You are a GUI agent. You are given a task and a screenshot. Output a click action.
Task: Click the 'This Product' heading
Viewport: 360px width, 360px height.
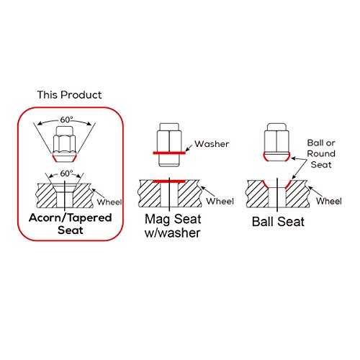[69, 95]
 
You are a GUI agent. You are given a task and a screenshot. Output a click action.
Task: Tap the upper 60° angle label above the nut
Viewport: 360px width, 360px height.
[66, 120]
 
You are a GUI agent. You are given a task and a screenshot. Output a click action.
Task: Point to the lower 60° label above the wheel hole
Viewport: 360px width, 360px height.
[66, 174]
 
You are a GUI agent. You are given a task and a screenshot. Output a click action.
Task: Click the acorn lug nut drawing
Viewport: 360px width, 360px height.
[64, 144]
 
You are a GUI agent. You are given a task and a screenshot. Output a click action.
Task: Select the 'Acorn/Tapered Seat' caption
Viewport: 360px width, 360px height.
[71, 224]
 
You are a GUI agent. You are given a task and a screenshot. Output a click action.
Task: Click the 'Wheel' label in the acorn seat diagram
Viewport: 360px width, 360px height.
[109, 202]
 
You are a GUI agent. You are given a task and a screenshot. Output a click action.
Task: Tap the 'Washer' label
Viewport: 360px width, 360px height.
[212, 144]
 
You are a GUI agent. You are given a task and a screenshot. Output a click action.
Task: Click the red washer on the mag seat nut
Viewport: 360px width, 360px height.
[169, 153]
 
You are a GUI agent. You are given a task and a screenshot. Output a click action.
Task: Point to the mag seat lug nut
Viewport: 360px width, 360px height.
[169, 145]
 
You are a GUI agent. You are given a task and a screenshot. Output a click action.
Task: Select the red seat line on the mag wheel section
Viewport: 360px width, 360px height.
[169, 181]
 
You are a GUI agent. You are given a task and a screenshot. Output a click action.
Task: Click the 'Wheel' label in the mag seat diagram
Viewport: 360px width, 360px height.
[220, 201]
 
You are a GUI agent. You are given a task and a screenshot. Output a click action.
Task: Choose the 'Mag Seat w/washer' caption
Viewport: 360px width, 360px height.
[173, 226]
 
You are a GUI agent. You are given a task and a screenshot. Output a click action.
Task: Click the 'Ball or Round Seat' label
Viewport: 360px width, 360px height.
[321, 153]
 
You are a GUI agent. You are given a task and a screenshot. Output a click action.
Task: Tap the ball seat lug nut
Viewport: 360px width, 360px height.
[276, 142]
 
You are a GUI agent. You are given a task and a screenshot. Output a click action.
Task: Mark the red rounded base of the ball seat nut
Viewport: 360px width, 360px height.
[276, 157]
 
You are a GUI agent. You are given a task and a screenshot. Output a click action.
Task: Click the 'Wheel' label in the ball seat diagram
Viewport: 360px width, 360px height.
[329, 201]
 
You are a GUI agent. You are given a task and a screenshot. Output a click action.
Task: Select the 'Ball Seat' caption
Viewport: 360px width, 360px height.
[278, 222]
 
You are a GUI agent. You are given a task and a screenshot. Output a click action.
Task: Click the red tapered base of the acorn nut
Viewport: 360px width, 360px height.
[64, 158]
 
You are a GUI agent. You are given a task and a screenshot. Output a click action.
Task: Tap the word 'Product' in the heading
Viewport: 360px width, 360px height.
[81, 95]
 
